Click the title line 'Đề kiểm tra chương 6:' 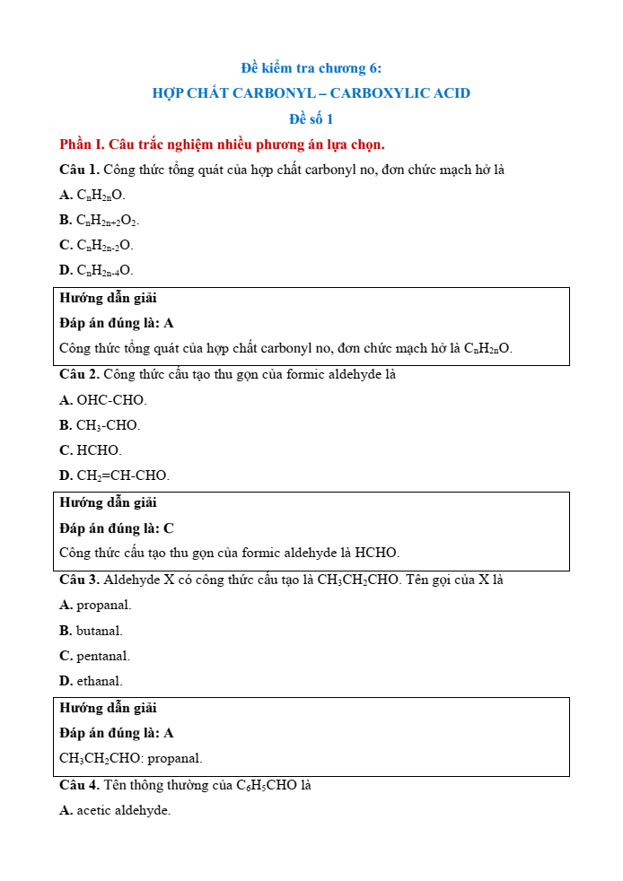[x=311, y=68]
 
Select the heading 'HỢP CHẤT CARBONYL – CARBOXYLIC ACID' [x=311, y=93]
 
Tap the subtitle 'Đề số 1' [x=311, y=118]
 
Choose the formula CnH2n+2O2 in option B [x=108, y=220]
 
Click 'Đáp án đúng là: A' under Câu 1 [x=117, y=322]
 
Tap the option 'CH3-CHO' [x=108, y=425]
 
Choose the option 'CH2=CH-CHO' [x=122, y=475]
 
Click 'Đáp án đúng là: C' [x=117, y=528]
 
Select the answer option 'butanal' [x=99, y=631]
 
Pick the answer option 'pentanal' [x=102, y=656]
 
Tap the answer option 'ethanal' [x=99, y=681]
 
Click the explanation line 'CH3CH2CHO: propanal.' [x=131, y=758]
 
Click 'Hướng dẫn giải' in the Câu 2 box [x=108, y=502]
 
